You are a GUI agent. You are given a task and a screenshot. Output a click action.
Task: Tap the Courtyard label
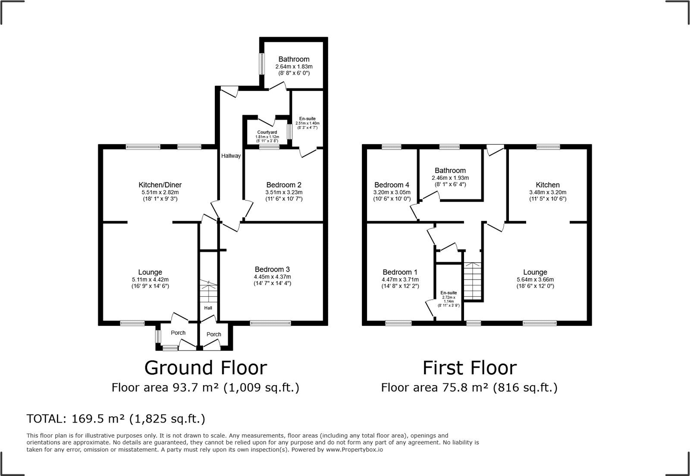coord(267,132)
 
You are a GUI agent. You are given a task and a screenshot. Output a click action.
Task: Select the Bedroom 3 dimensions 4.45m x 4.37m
coord(272,277)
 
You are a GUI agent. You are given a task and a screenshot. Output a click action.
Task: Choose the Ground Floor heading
coord(205,368)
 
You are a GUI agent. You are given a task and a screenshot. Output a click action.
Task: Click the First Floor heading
coord(469,368)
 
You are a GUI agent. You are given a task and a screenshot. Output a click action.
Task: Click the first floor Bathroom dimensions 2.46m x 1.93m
coord(450,178)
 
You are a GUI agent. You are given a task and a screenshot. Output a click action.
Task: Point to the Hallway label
coord(231,156)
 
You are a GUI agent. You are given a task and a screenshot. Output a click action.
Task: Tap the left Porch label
coord(178,333)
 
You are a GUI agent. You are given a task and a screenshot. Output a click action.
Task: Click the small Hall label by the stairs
coord(208,308)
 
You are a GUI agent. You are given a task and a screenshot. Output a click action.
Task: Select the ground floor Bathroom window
coord(261,64)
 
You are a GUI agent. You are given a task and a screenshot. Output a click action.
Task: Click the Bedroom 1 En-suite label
coord(448,293)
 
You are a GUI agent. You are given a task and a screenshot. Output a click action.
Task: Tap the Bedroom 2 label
coord(284,185)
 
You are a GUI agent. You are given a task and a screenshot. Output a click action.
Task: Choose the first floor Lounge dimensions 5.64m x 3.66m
coord(535,279)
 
